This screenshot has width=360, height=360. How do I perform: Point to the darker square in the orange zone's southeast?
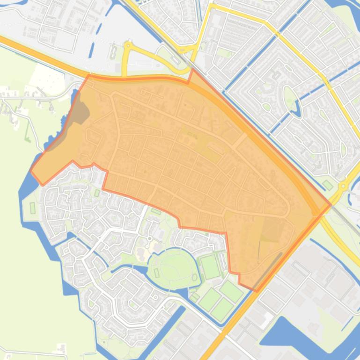point(272,230)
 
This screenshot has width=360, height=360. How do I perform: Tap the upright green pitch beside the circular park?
point(210,266)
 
